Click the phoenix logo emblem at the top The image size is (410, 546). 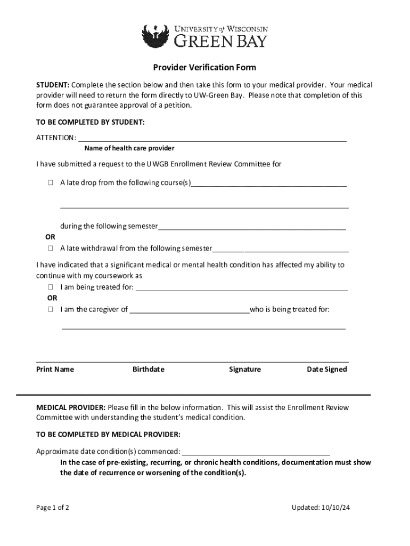pos(155,36)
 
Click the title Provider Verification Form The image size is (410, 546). pos(204,68)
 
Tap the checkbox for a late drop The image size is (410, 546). pos(50,183)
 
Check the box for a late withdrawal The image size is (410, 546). pos(50,248)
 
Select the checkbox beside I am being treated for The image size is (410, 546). pos(50,287)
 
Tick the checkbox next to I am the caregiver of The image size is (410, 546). pos(50,309)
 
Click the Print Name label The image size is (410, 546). pos(55,370)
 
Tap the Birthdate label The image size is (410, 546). pos(148,370)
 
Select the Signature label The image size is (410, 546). pos(245,370)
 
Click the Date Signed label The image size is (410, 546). pos(326,370)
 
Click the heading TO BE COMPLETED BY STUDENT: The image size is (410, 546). pos(90,122)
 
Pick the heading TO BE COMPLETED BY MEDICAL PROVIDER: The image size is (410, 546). pos(108,434)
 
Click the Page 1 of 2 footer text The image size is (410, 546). pos(52,508)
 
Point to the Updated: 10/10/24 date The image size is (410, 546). pos(321,508)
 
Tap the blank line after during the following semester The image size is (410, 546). pos(252,226)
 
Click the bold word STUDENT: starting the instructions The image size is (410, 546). pos(53,85)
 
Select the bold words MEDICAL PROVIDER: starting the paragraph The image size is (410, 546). pos(71,408)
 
